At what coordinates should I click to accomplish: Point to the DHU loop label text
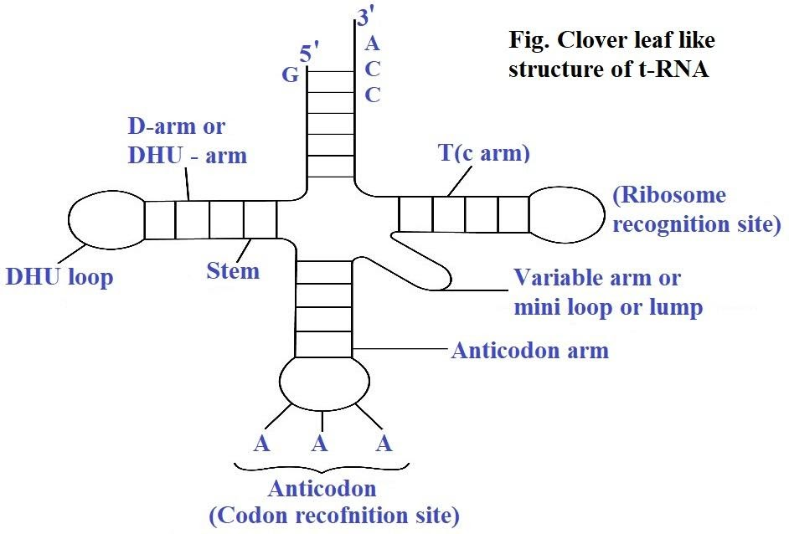[x=59, y=277]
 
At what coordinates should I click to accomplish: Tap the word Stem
[x=233, y=271]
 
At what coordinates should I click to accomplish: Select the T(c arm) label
[x=484, y=154]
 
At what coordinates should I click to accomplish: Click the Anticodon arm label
[x=529, y=350]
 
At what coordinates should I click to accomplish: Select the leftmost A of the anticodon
[x=262, y=444]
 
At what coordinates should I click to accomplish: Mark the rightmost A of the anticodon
[x=384, y=444]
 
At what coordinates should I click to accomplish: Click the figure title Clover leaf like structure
[x=611, y=54]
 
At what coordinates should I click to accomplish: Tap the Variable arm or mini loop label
[x=609, y=292]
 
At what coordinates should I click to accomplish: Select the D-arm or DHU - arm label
[x=188, y=141]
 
